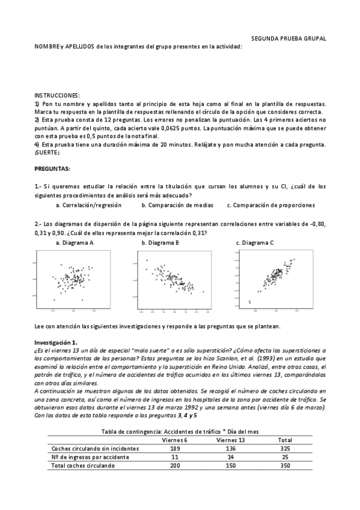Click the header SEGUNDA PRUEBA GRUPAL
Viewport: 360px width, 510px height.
pyautogui.click(x=288, y=38)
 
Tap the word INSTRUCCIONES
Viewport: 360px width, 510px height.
pyautogui.click(x=57, y=96)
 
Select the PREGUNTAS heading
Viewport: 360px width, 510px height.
pyautogui.click(x=52, y=168)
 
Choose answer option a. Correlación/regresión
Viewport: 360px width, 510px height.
pyautogui.click(x=88, y=205)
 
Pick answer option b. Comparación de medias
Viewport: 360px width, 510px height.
pyautogui.click(x=177, y=205)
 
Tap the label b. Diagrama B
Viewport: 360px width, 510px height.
pyautogui.click(x=160, y=242)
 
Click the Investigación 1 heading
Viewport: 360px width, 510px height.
pyautogui.click(x=56, y=342)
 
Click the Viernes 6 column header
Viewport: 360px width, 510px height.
pyautogui.click(x=175, y=440)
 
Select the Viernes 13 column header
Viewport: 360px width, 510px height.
pyautogui.click(x=230, y=440)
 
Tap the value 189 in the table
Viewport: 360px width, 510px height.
pyautogui.click(x=175, y=448)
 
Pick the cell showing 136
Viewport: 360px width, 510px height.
pyautogui.click(x=230, y=448)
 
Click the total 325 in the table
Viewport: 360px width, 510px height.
pyautogui.click(x=285, y=448)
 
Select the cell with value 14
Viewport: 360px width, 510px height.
pyautogui.click(x=230, y=456)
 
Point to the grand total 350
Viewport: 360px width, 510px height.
pyautogui.click(x=285, y=465)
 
